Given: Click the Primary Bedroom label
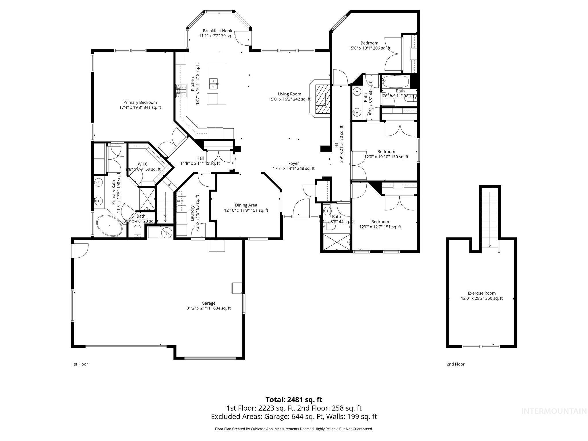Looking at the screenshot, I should [140, 105].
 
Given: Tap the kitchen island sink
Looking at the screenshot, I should [213, 83].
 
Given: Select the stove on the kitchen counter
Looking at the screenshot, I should [181, 91].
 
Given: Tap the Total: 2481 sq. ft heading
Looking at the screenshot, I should [294, 400].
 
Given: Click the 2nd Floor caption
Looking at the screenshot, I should [455, 364].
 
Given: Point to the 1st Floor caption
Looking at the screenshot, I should [80, 364].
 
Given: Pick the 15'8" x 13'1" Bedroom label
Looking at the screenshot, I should [369, 46].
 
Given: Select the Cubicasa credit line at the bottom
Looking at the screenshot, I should [294, 429].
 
